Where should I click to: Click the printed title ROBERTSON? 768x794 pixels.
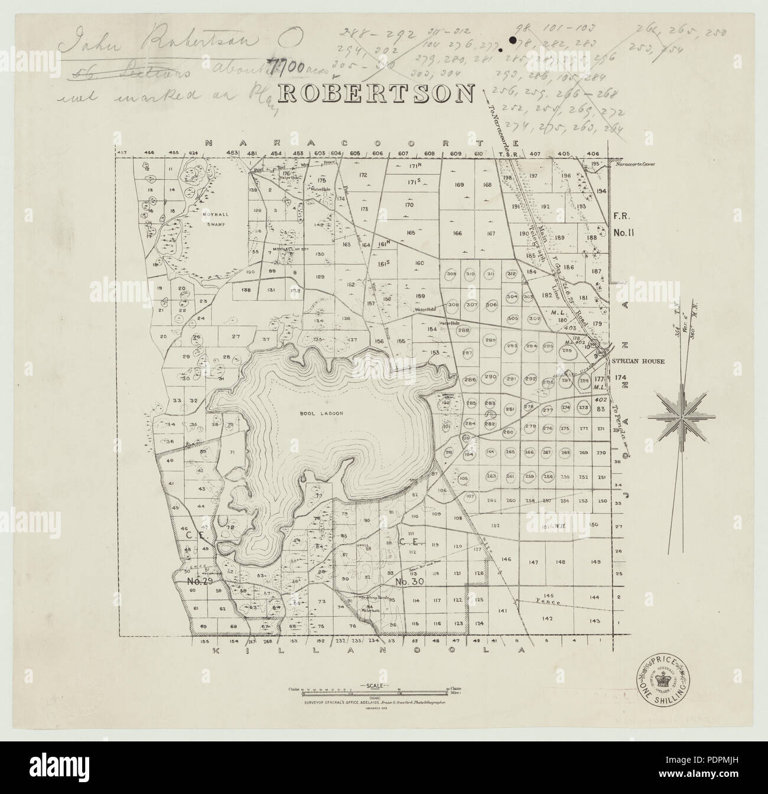[376, 93]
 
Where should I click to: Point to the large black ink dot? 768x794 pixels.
[512, 41]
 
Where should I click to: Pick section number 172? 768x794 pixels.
[363, 175]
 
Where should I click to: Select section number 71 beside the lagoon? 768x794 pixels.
[232, 452]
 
